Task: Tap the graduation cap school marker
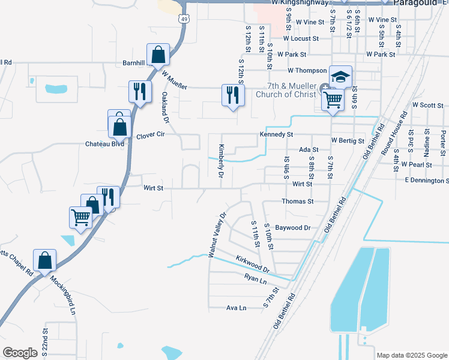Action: tap(340, 77)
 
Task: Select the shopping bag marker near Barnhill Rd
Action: tap(157, 55)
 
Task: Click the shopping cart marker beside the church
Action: tap(333, 100)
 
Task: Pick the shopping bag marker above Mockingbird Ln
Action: tap(44, 260)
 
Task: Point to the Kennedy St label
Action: tap(276, 134)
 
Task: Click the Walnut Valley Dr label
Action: tap(217, 235)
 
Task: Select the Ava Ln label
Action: tap(237, 308)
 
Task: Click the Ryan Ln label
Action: tap(255, 278)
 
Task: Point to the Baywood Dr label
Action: tap(292, 228)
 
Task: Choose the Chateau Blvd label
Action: tap(104, 144)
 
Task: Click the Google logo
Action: tap(20, 353)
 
